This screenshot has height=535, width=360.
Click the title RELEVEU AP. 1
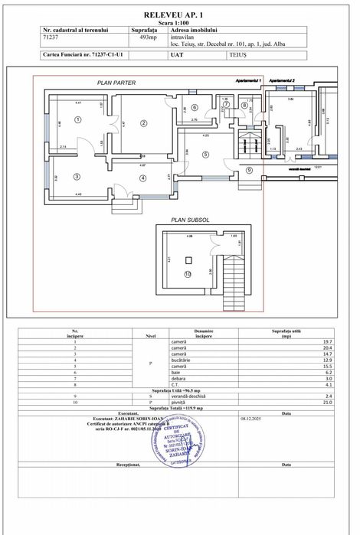click(179, 15)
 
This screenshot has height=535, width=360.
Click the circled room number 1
click(78, 119)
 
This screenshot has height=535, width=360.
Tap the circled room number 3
click(77, 177)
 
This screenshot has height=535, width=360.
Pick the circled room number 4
click(142, 178)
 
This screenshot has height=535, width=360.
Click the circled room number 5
click(205, 154)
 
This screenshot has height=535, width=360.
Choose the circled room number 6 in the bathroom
click(195, 107)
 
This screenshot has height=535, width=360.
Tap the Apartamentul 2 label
click(282, 80)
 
